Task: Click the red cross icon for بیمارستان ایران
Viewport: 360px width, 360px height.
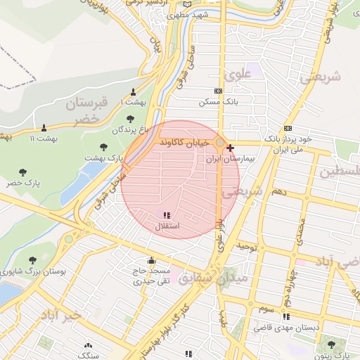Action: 231,148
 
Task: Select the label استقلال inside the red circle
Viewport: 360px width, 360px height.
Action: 166,226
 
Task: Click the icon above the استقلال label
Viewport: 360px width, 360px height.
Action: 166,216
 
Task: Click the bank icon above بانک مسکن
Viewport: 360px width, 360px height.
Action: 218,91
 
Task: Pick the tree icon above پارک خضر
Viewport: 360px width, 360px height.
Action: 23,172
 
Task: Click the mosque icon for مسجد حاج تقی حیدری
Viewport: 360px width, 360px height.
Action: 151,259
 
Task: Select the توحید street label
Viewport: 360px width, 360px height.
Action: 247,247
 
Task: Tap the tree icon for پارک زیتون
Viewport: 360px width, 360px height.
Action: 331,344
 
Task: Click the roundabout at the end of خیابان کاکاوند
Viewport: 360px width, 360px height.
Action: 220,143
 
